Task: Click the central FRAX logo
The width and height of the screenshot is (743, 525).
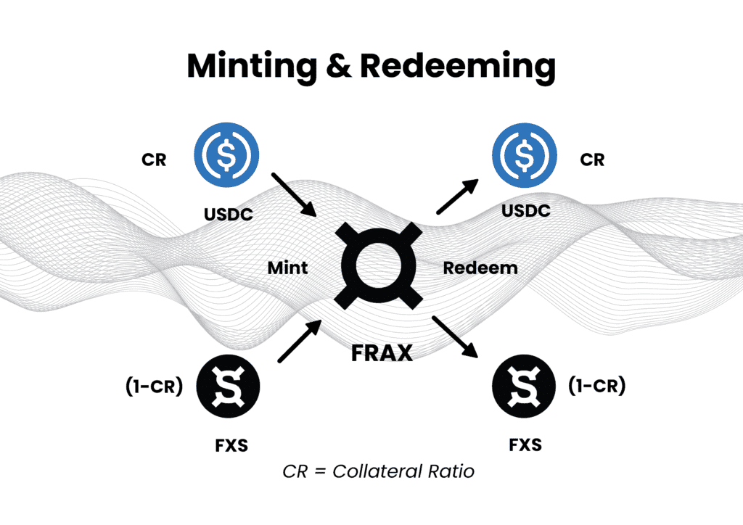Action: click(x=381, y=266)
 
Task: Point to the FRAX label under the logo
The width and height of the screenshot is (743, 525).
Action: click(x=382, y=352)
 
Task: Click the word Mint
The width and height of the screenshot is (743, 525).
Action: click(x=287, y=268)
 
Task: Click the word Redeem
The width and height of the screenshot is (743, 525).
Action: click(x=480, y=268)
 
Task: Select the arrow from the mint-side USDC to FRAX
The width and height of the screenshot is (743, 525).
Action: click(x=295, y=194)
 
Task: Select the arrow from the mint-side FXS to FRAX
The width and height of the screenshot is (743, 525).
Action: click(x=299, y=342)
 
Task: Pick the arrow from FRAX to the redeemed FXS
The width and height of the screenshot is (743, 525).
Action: click(x=457, y=338)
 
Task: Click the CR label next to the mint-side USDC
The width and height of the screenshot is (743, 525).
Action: click(x=153, y=160)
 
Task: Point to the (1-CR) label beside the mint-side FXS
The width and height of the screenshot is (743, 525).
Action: click(x=155, y=387)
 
